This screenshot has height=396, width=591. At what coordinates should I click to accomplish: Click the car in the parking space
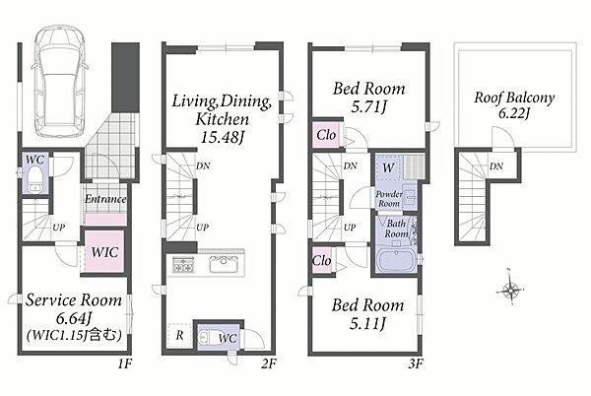point(59,82)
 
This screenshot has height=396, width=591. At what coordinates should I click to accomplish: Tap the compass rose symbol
point(510,289)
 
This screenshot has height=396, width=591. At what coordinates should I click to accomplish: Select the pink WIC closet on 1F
point(104,251)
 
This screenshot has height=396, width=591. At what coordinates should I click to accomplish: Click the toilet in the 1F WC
point(35,178)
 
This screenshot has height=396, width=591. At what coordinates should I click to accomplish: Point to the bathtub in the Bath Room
point(397,260)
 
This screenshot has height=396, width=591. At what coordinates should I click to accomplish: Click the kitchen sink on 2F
point(224,264)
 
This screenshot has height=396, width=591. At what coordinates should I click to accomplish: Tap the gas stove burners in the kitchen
point(183,265)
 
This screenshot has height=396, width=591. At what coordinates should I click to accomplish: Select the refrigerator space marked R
point(179,335)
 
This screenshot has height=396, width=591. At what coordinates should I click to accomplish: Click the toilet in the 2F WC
point(209,337)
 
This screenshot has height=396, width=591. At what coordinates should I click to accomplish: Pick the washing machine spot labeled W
point(388,167)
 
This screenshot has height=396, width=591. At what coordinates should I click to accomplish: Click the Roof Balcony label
point(514,98)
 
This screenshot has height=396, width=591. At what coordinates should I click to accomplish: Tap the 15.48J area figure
point(222,137)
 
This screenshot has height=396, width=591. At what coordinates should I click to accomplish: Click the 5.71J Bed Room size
point(369,107)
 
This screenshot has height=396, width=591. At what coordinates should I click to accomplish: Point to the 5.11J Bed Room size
point(367,323)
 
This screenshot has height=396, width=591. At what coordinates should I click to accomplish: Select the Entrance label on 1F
point(105,199)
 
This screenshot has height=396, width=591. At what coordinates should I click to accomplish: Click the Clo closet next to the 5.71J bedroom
point(326,135)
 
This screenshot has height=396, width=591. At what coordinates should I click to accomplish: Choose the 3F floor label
point(416,363)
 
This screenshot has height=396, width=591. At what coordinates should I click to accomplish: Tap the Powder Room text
point(389,199)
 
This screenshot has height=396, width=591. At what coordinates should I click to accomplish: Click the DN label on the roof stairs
point(496,166)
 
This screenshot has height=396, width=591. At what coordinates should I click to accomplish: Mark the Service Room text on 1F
point(74,300)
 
